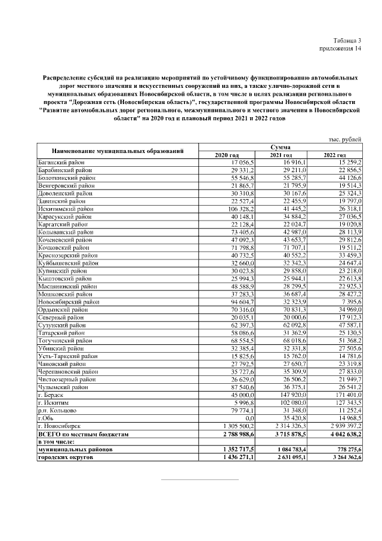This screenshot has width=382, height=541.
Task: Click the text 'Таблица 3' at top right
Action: click(347, 40)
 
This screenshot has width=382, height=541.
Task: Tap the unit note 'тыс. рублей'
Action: click(344, 139)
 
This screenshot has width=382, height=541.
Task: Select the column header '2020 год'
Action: click(226, 155)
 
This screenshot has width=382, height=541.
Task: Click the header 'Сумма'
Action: click(280, 147)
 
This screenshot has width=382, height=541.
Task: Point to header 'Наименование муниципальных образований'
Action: click(117, 151)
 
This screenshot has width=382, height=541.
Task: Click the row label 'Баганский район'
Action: click(61, 162)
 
